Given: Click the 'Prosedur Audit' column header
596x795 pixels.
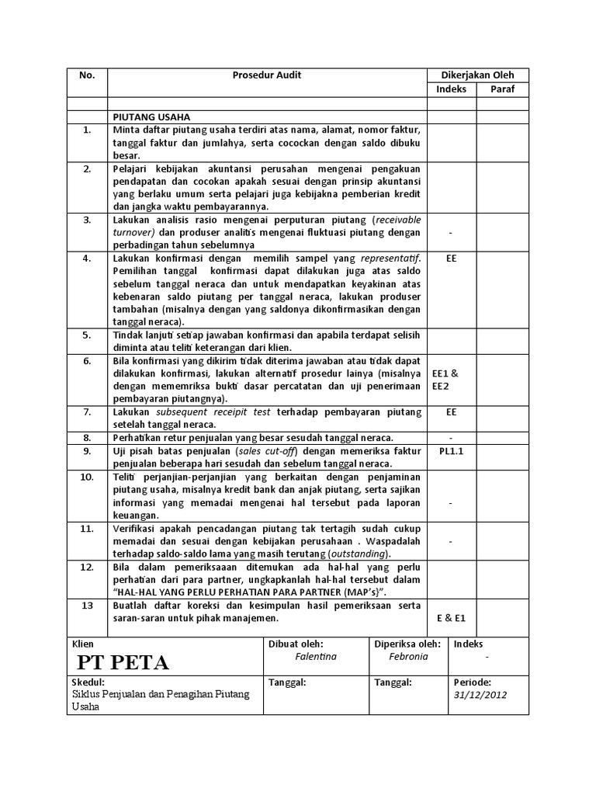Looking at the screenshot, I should pyautogui.click(x=267, y=75).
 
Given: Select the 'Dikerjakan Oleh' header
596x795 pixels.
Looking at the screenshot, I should pyautogui.click(x=477, y=75).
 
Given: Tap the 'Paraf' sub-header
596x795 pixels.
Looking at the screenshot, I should pyautogui.click(x=501, y=89).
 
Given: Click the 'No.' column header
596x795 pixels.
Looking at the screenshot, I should pyautogui.click(x=87, y=75).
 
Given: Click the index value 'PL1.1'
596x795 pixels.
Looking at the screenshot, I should pyautogui.click(x=451, y=450).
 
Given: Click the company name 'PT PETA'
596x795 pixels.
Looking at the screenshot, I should pyautogui.click(x=123, y=662).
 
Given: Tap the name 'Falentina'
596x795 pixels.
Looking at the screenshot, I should pyautogui.click(x=316, y=656).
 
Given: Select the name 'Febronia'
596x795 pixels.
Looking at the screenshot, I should pyautogui.click(x=408, y=656).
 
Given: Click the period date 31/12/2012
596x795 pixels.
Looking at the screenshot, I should pyautogui.click(x=480, y=695).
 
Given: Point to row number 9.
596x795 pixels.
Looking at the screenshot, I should pyautogui.click(x=87, y=450).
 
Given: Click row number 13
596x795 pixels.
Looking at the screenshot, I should pyautogui.click(x=87, y=605).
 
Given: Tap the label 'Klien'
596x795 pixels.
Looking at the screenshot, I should pyautogui.click(x=82, y=644).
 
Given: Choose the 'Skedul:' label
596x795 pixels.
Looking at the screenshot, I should pyautogui.click(x=87, y=682).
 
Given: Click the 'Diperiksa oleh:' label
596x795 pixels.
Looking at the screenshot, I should pyautogui.click(x=407, y=644).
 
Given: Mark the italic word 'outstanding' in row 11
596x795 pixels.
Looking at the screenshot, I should pyautogui.click(x=360, y=554).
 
